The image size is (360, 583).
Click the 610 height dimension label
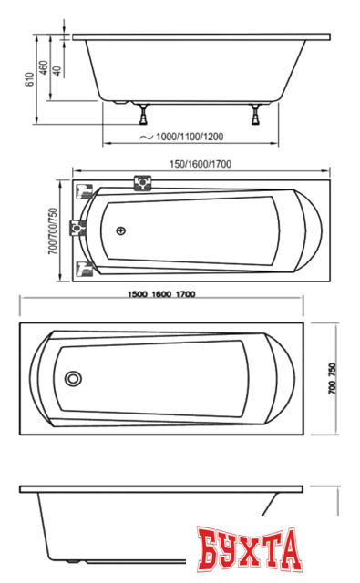coord(29,79)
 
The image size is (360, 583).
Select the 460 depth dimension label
coord(44,67)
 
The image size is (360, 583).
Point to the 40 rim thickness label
coord(57,71)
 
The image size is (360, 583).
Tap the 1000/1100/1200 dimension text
coord(190,137)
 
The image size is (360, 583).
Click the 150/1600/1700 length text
coord(201,164)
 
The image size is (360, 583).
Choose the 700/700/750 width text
coord(53,230)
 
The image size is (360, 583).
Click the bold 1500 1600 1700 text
coord(161,294)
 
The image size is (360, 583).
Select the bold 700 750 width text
coord(332,379)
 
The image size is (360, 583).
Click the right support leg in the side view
coord(255,114)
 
